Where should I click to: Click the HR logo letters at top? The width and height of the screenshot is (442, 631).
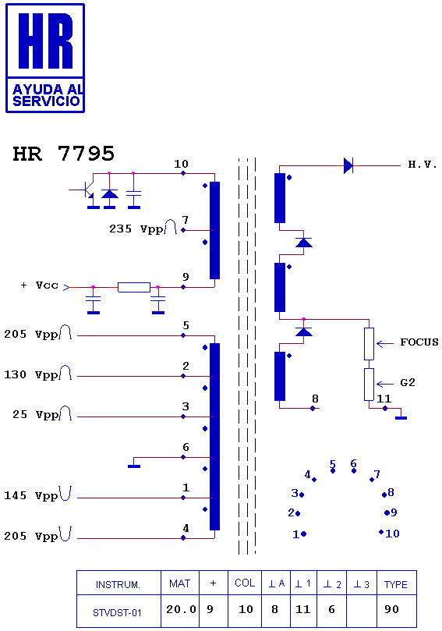tap(45, 41)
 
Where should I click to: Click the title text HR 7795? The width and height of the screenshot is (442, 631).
tap(64, 154)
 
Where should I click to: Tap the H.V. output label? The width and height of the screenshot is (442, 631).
tap(423, 165)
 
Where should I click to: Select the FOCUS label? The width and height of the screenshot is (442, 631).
tap(419, 342)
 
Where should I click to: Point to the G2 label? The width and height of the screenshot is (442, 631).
tap(408, 382)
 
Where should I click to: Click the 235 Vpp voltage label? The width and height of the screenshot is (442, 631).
tap(136, 229)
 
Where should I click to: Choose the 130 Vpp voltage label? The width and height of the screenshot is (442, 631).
tap(31, 374)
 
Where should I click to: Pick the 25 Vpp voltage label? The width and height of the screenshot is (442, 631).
tap(35, 415)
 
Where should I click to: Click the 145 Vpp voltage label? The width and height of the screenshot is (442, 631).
tap(31, 496)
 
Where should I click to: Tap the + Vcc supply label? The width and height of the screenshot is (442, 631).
tap(40, 285)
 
